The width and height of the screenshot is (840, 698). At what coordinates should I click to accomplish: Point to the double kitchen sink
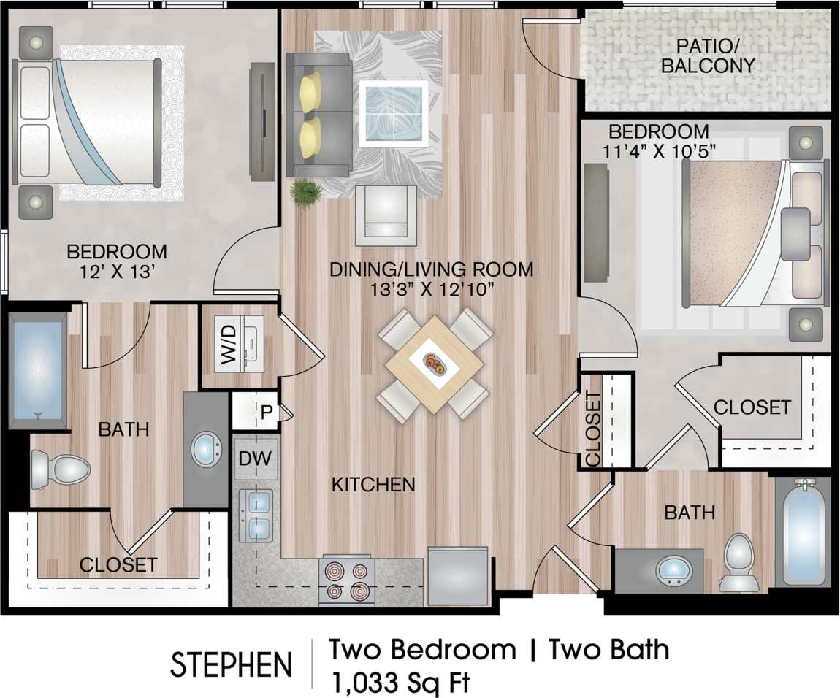(255, 514)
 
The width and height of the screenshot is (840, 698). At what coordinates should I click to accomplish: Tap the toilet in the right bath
(738, 561)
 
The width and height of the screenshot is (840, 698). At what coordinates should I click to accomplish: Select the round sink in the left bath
(210, 450)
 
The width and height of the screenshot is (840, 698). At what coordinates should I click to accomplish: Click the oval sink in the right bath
(673, 571)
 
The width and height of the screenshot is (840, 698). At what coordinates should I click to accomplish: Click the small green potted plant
(305, 194)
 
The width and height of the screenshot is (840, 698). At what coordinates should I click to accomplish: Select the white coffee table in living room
(394, 114)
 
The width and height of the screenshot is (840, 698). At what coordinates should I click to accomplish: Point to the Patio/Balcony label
(706, 55)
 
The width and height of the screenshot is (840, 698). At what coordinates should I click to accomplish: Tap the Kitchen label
(373, 483)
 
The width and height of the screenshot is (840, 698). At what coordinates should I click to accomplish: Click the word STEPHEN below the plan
(231, 664)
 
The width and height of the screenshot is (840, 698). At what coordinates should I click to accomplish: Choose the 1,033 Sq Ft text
(400, 682)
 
